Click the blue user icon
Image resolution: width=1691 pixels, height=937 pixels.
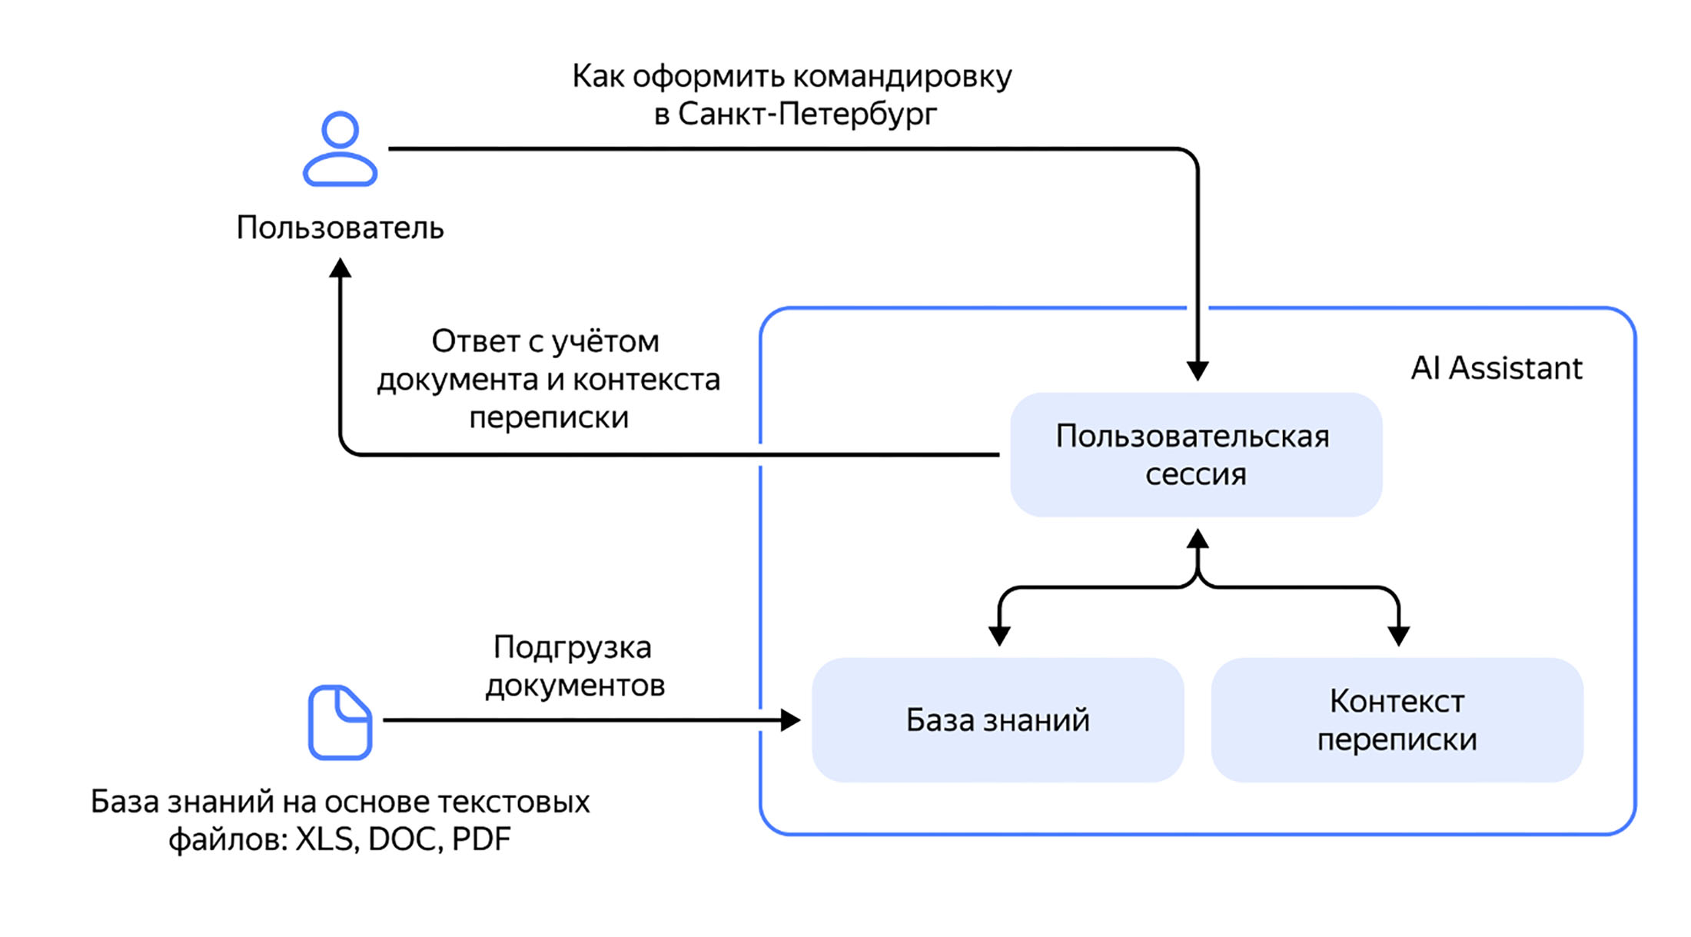click(x=340, y=149)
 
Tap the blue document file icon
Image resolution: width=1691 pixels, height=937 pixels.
click(x=340, y=723)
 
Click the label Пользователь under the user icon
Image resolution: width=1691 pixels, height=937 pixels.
click(x=340, y=228)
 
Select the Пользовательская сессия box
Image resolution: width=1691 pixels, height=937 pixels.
click(x=1196, y=455)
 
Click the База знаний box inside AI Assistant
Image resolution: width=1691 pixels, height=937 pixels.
click(x=998, y=720)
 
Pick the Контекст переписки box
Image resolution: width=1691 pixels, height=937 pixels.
click(x=1397, y=720)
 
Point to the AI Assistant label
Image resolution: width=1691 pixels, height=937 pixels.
click(x=1496, y=368)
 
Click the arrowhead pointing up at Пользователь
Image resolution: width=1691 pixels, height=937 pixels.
click(x=340, y=267)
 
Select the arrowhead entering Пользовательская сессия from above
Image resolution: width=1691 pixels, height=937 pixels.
click(x=1198, y=370)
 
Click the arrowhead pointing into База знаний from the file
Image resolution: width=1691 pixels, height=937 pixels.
click(x=790, y=720)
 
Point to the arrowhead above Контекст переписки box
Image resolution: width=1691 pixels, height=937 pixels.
click(x=1398, y=636)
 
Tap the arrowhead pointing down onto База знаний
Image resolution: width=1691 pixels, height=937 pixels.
click(x=999, y=636)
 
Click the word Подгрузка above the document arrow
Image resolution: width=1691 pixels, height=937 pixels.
click(x=572, y=647)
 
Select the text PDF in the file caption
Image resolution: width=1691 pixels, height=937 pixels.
click(x=481, y=839)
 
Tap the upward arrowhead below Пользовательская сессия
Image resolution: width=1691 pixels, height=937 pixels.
click(x=1198, y=539)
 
